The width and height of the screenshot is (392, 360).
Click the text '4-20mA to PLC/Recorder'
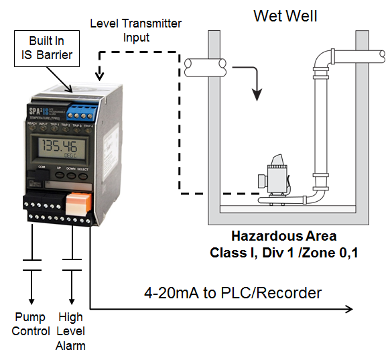pos(233,293)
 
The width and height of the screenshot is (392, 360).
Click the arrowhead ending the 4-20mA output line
pos(348,309)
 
